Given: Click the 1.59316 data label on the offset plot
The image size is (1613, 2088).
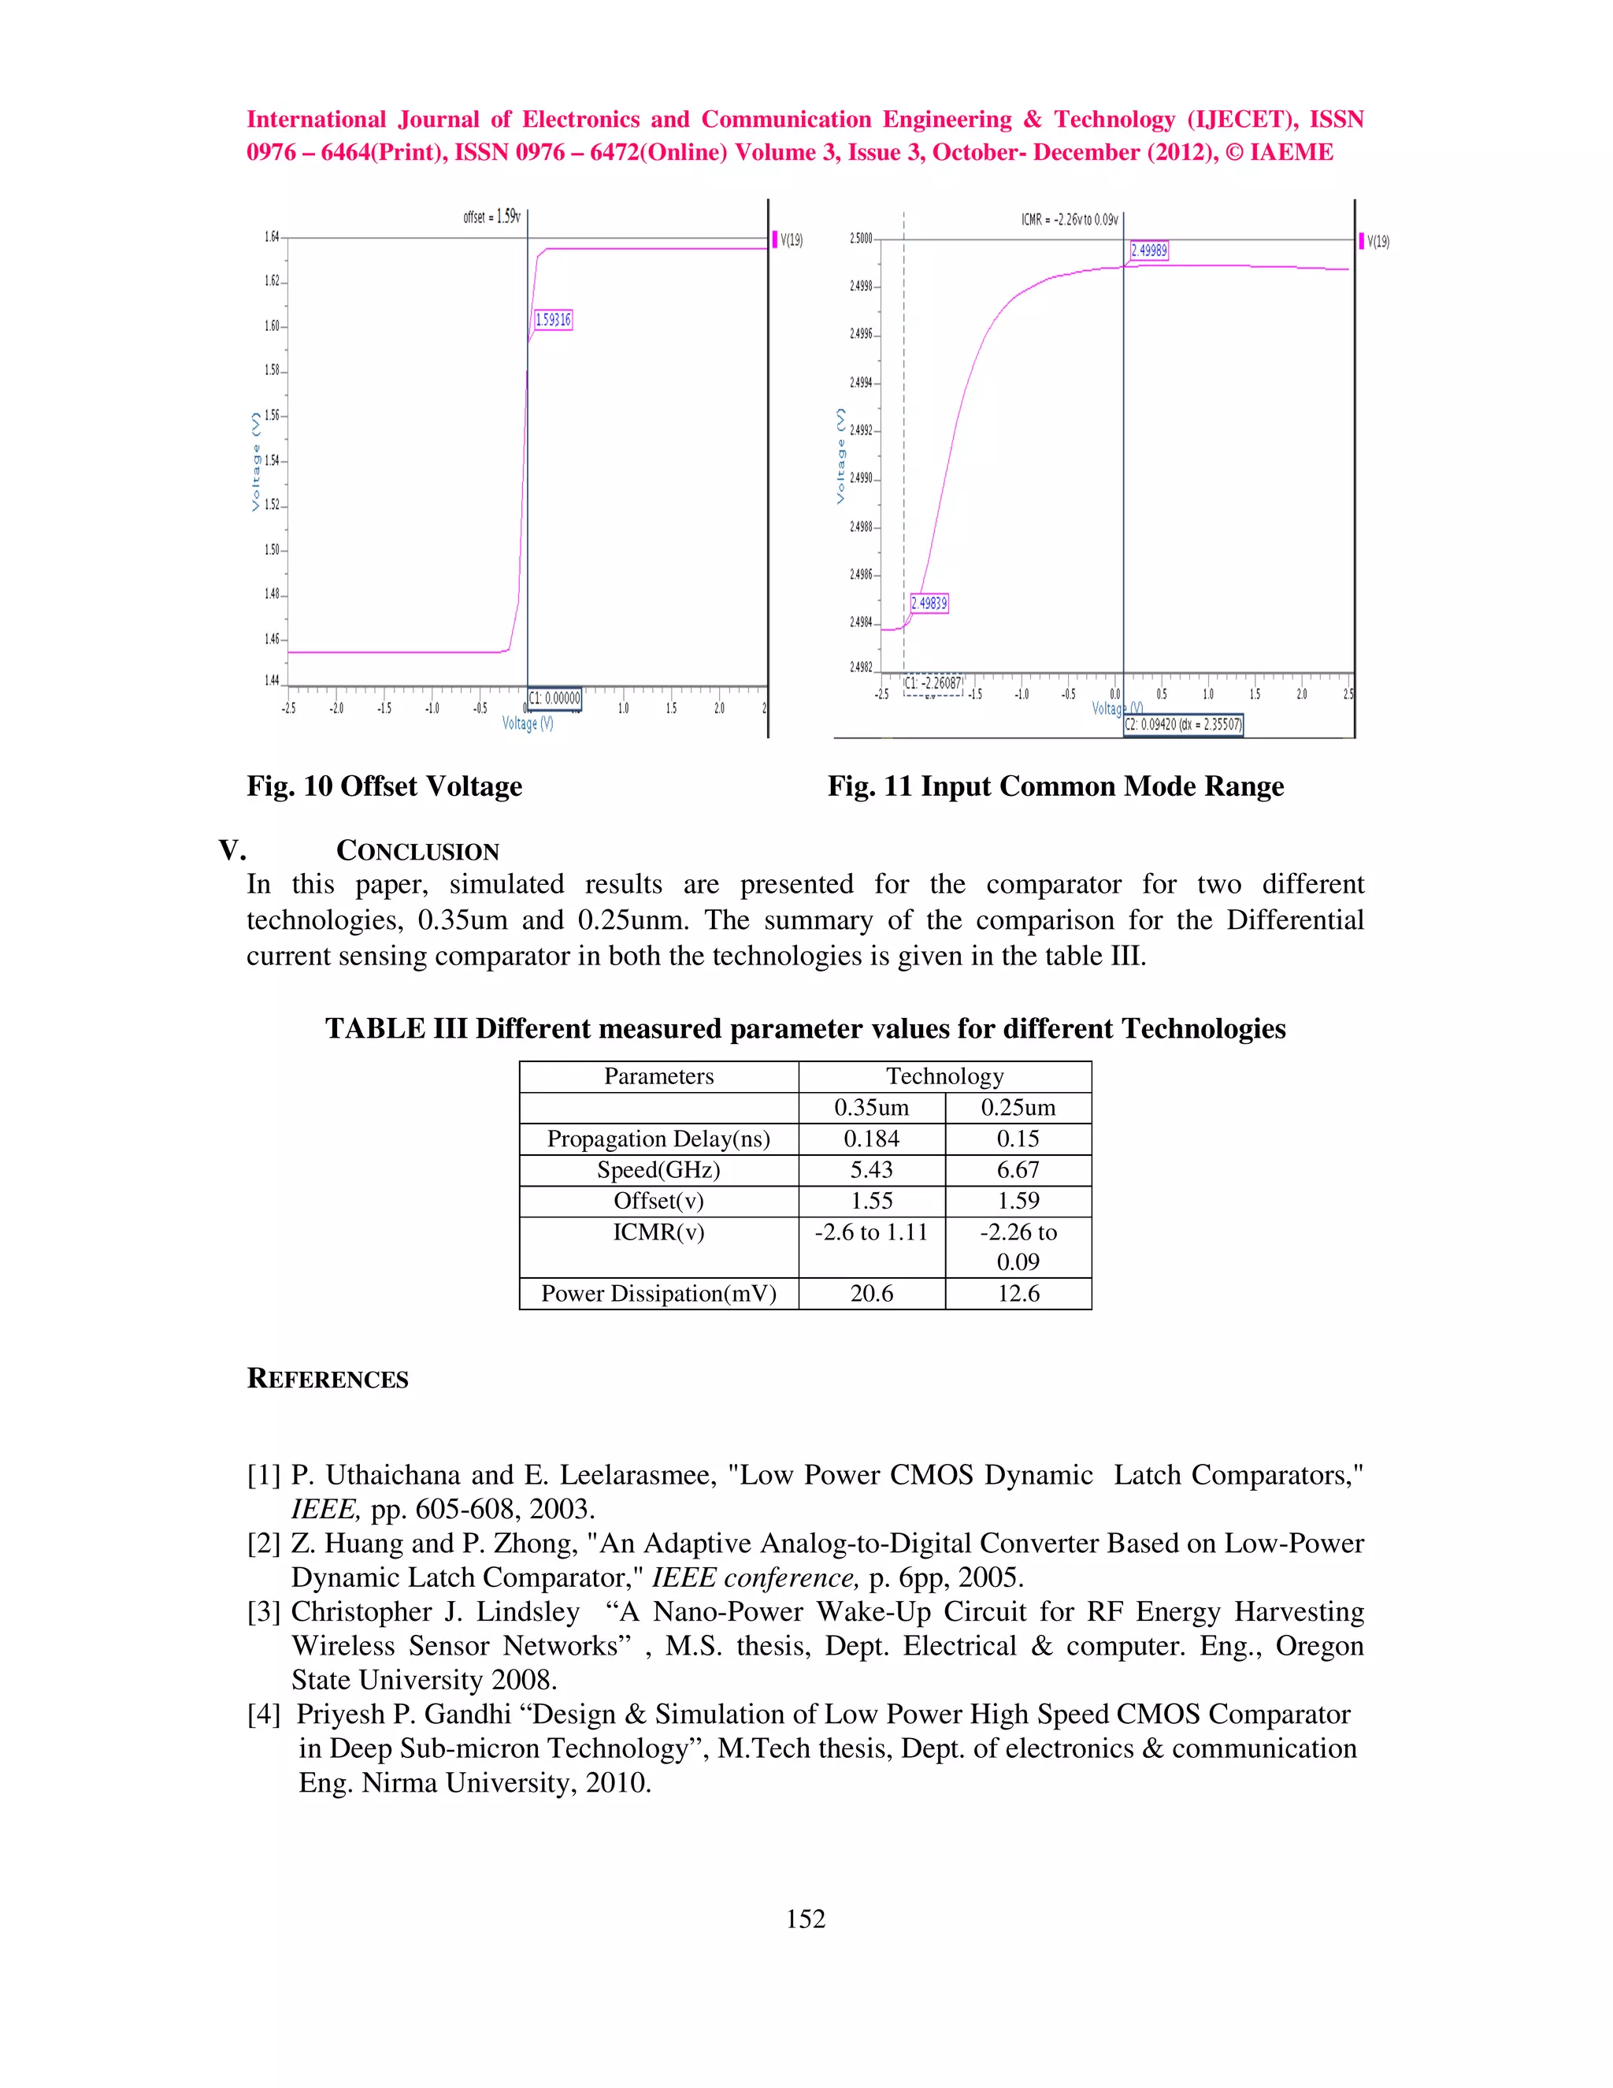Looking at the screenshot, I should point(553,320).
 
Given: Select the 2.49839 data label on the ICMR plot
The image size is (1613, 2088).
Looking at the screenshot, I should point(929,604).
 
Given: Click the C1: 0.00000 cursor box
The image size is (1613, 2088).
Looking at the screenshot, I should point(555,699).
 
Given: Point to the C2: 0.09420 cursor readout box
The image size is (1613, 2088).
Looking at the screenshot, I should point(1183,725).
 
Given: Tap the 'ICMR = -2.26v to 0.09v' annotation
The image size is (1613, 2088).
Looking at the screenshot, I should point(1070,220).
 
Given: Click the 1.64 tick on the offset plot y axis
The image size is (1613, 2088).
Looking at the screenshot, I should point(273,236).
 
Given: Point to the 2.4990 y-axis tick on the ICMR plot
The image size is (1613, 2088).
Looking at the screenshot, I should point(861,478).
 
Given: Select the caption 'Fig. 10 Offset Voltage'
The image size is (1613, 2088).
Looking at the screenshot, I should point(384,786).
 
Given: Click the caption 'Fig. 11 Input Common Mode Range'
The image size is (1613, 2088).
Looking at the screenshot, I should point(1055,786).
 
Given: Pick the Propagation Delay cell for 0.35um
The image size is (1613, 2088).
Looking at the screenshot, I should point(872,1139).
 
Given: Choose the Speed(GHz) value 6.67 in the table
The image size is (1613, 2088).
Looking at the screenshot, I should point(1018,1170).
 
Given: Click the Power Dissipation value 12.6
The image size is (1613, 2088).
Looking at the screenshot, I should point(1018,1294).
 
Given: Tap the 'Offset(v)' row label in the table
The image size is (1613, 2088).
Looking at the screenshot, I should point(658,1201).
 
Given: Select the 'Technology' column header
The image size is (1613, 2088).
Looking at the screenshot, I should point(944,1076).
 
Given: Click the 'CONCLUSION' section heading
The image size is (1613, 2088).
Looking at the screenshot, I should point(417,851).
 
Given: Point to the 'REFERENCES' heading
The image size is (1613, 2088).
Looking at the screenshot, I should point(327,1379).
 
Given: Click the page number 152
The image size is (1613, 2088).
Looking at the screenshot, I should point(806,1919).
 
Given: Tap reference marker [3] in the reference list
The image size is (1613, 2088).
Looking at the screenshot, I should point(264,1612).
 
